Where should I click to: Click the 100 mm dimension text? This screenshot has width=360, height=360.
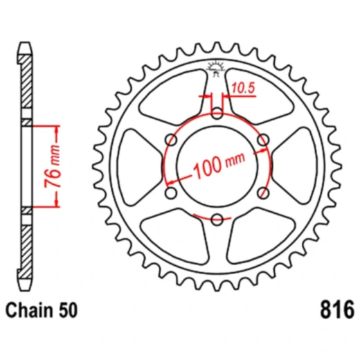pyautogui.click(x=220, y=165)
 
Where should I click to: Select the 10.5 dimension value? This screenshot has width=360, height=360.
pyautogui.click(x=242, y=88)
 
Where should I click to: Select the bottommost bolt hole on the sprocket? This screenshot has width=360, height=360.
pyautogui.click(x=217, y=220)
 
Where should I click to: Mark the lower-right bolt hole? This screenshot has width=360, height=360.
pyautogui.click(x=262, y=194)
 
